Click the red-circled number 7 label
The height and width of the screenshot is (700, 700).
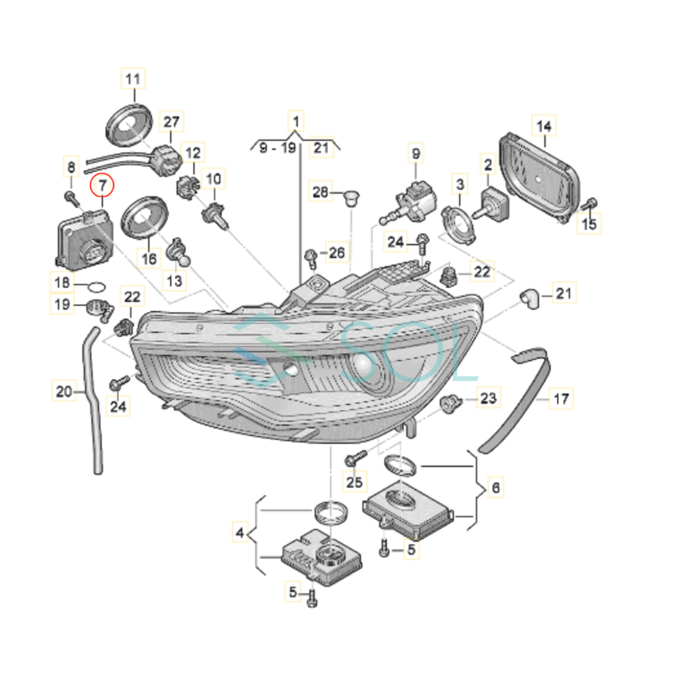[x=103, y=186]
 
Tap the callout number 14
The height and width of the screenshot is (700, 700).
[x=544, y=126]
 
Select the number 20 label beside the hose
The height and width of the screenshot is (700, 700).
[x=64, y=391]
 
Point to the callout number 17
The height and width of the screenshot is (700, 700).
[x=561, y=399]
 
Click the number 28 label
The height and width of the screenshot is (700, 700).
[x=320, y=191]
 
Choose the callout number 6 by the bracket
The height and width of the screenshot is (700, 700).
[x=495, y=487]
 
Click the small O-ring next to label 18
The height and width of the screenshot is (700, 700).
[x=97, y=286]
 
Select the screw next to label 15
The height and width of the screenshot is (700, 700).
[x=590, y=204]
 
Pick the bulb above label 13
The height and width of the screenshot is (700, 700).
[x=177, y=255]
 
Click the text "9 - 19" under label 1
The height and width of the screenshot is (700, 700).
[x=278, y=148]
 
